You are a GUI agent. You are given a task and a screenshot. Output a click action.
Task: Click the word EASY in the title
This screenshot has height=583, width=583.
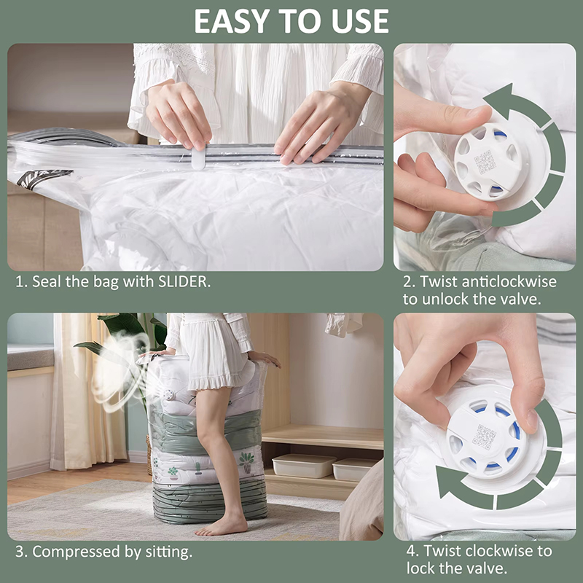click(232, 21)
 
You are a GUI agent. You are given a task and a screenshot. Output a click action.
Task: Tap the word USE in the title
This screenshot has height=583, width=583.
click(360, 21)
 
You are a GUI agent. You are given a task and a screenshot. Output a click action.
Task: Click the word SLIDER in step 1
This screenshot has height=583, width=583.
click(184, 281)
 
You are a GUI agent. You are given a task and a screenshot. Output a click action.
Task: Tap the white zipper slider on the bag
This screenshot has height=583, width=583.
click(198, 158)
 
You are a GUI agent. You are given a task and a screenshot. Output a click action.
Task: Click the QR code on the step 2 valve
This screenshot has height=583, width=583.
click(485, 162)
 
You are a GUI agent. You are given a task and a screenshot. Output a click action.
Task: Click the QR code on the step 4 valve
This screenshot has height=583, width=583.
click(484, 438)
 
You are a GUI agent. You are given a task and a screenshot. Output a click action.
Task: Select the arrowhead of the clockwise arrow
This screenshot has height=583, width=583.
click(447, 482)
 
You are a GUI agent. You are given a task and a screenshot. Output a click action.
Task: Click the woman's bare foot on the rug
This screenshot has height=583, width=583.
click(221, 527)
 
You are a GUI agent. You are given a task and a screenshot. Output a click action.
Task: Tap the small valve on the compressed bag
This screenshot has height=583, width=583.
click(168, 394)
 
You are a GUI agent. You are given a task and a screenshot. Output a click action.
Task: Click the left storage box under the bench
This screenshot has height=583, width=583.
click(304, 466)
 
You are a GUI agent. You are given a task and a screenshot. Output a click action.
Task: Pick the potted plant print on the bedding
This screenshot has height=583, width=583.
click(246, 461)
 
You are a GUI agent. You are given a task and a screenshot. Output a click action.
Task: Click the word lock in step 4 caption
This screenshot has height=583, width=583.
click(422, 568)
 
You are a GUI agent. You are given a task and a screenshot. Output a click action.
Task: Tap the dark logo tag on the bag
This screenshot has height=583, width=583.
click(44, 178)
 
